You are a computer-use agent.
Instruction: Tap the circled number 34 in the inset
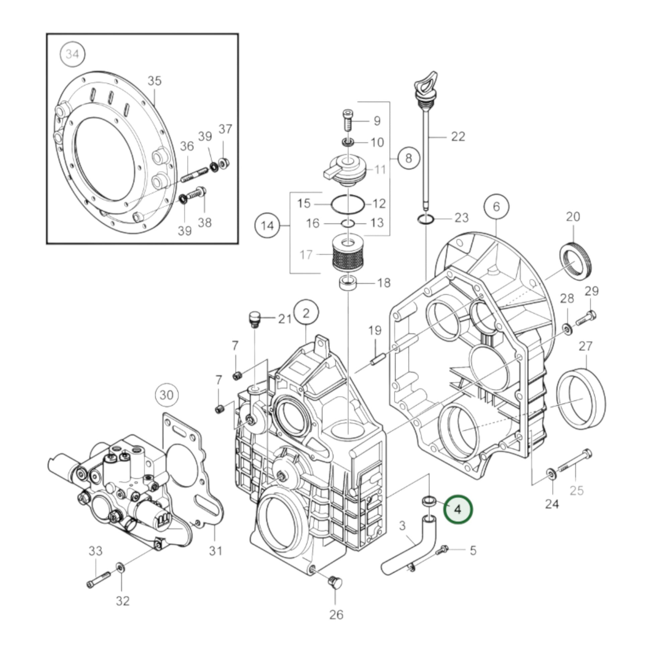72,54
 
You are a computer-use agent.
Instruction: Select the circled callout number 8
408,158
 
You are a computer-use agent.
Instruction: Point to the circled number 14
267,225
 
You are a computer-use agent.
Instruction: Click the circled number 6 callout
496,206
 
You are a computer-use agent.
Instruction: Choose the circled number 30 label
167,394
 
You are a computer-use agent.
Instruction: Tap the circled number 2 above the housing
306,313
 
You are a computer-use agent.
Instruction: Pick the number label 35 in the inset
154,81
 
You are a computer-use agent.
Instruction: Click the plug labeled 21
253,319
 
